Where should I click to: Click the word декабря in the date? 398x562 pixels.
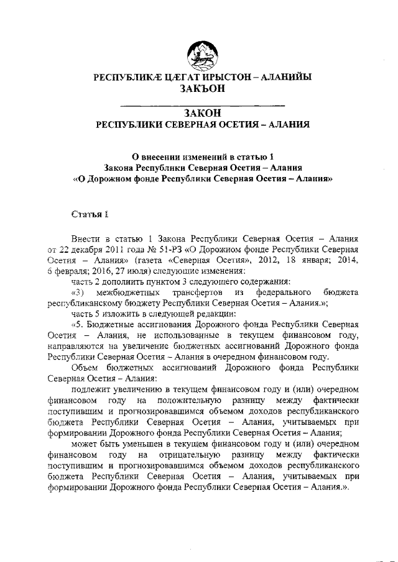91,250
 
